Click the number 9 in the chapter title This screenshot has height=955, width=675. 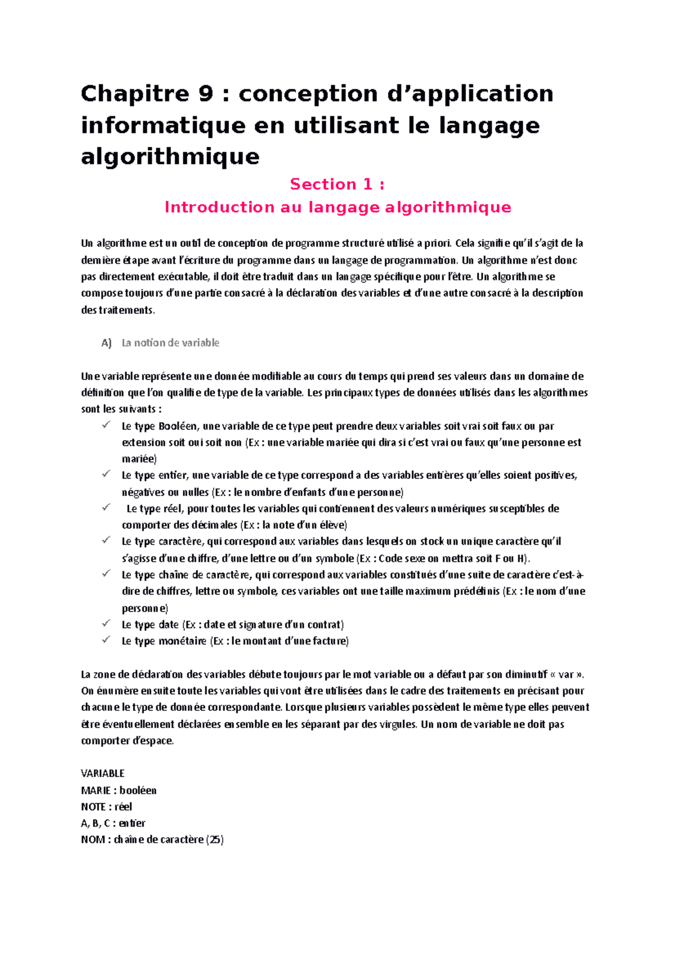(206, 94)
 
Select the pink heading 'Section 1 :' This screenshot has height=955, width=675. (337, 184)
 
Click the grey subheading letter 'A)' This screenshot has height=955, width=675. (106, 343)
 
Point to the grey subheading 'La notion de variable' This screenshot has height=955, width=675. (170, 343)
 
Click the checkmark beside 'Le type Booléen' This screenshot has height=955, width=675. (106, 425)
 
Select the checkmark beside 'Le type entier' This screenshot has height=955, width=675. (106, 474)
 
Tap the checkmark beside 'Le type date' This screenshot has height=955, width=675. (106, 624)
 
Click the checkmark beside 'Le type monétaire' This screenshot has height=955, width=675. (106, 640)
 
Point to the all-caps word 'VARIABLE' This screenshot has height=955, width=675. (102, 774)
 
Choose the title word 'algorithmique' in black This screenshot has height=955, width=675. (170, 156)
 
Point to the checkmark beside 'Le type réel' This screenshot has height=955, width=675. (106, 507)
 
